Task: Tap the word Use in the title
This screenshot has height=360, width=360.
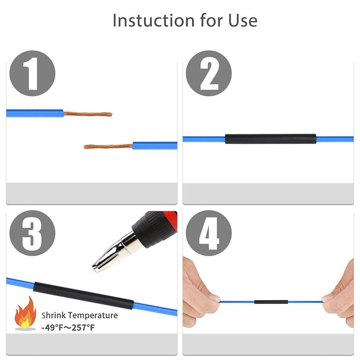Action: (243, 21)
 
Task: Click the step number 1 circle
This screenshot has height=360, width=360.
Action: (32, 73)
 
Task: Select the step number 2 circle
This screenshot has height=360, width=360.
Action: (209, 73)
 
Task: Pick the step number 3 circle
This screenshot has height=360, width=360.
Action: (32, 233)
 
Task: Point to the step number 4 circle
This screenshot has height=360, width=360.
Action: (209, 233)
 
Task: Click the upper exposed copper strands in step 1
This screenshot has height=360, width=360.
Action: (88, 114)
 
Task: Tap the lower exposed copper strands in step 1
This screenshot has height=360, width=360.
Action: (108, 146)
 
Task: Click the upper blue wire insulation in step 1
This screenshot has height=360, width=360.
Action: (35, 113)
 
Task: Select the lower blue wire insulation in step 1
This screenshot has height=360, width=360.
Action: (155, 145)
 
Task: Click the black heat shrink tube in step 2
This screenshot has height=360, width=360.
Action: (270, 139)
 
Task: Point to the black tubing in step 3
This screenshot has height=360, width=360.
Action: (84, 296)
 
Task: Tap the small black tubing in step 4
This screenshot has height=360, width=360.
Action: (271, 302)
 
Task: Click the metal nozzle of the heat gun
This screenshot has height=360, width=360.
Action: (116, 253)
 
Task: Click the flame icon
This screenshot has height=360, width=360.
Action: (26, 312)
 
